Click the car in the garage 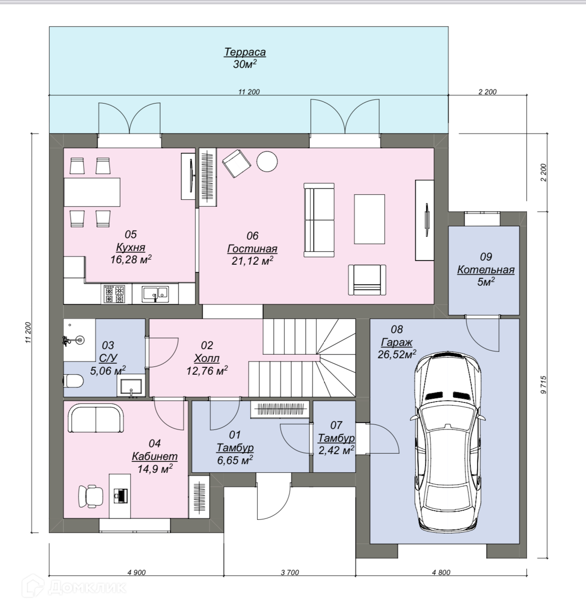point(448,442)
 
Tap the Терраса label point(245,52)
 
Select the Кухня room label point(131,247)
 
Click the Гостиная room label point(252,249)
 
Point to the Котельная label point(486,270)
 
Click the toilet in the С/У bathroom point(73,381)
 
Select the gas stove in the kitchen point(115,294)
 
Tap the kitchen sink point(155,293)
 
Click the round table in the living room point(267,161)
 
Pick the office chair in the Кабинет point(91,497)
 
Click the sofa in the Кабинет point(96,418)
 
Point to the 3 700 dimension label point(290,572)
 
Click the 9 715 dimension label point(544,385)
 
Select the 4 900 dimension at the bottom point(136,572)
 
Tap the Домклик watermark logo point(74,587)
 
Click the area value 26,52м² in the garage point(397,354)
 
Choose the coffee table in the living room point(369,219)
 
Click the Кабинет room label point(155,456)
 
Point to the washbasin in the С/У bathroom point(131,386)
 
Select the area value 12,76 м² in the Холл point(207,371)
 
